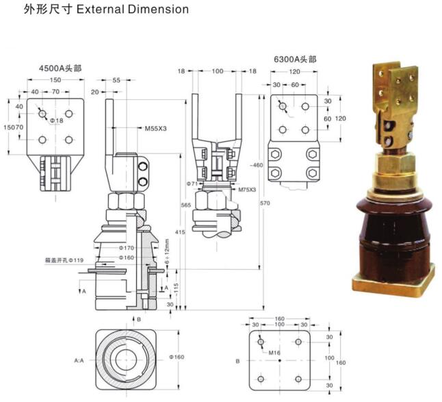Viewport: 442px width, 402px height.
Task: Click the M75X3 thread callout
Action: (247, 189)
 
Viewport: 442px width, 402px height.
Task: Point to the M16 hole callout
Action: (274, 353)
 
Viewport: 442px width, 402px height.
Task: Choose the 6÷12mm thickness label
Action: (166, 251)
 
